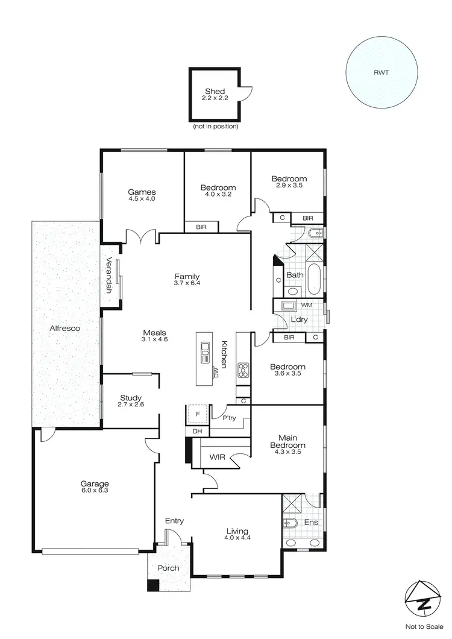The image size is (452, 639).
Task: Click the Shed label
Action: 215,92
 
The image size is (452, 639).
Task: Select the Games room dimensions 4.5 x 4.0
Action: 142,198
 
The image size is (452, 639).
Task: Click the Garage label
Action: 95,483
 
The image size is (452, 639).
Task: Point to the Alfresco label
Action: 66,329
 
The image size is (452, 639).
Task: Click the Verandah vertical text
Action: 110,275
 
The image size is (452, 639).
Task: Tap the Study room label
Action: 131,398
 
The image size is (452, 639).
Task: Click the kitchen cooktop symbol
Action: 243,370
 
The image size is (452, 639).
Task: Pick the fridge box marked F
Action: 197,415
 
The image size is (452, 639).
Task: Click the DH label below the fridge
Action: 196,432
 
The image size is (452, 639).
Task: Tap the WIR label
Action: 218,458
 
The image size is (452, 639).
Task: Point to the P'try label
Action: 229,418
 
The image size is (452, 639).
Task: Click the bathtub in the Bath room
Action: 313,279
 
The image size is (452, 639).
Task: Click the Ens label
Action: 311,523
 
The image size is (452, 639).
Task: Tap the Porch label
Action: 168,568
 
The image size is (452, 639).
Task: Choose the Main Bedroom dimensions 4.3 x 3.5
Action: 291,452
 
